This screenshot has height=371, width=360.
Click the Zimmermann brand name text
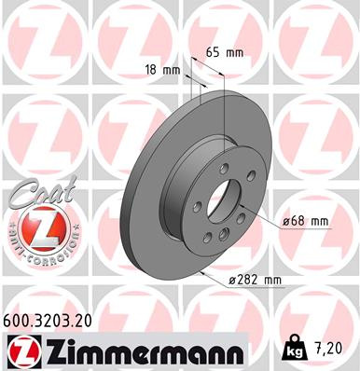pos(131,351)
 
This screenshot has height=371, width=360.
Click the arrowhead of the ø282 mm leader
pos(202,272)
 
